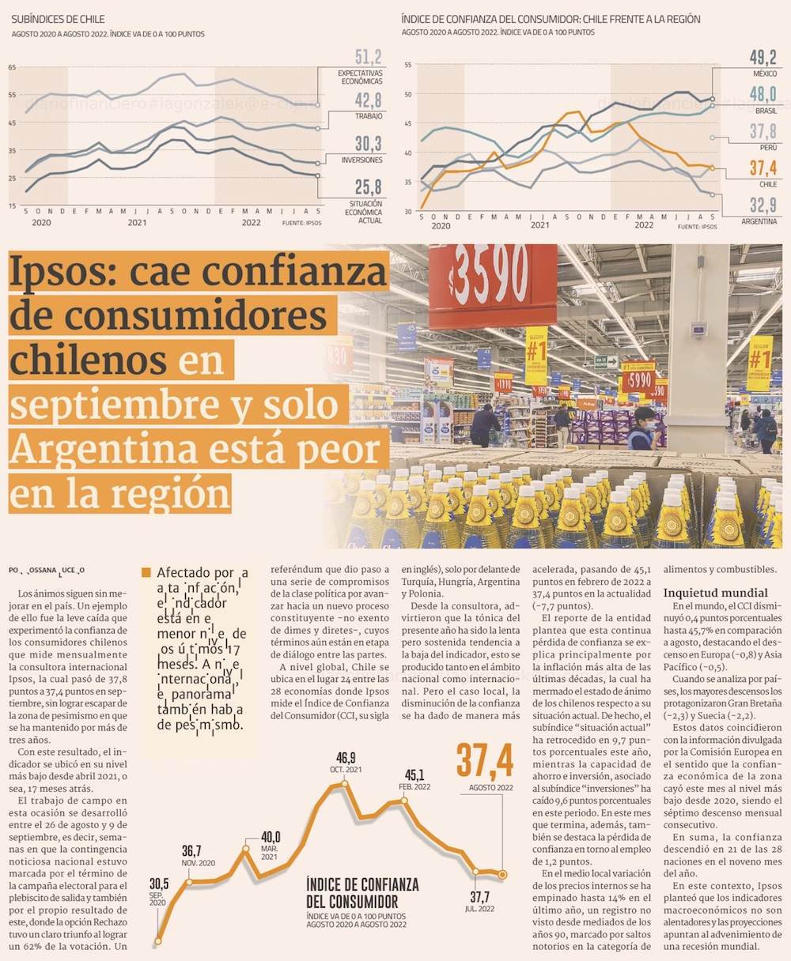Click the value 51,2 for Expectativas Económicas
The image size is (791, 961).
368,57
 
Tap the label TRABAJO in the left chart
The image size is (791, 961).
369,116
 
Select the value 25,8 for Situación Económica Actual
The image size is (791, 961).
368,187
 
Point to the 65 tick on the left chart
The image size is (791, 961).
13,67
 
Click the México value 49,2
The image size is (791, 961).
763,57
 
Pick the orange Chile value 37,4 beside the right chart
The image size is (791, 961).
763,168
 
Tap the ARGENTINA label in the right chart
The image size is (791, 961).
759,222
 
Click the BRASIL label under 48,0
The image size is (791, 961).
766,111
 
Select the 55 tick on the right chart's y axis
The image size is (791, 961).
407,65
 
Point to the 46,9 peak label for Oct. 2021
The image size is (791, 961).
346,758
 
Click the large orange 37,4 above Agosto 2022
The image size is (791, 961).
484,760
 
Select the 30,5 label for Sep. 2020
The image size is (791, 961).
159,883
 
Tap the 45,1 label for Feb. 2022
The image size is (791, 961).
414,775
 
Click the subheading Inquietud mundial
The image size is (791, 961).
715,593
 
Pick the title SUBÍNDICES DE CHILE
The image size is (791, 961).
58,19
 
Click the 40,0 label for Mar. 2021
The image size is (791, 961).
271,837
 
